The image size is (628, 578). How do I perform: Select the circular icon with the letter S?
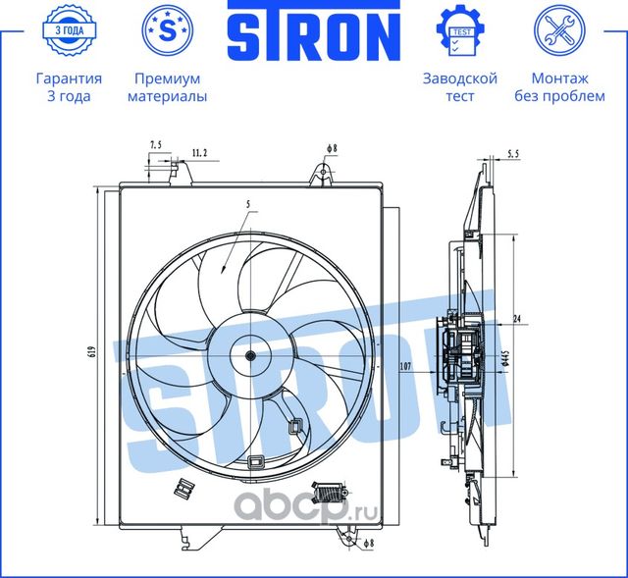(167, 31)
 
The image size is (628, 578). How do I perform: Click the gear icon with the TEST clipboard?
(459, 31)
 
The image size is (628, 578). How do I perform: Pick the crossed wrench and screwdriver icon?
(560, 31)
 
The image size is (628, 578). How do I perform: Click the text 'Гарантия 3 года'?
(68, 87)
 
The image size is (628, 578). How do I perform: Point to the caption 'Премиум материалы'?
(167, 87)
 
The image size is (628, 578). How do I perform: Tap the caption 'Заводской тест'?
(459, 87)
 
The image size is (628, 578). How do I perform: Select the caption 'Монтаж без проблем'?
(560, 87)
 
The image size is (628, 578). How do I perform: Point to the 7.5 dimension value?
(156, 145)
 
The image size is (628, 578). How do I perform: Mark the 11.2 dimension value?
(199, 153)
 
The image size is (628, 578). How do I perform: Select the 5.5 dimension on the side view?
(514, 153)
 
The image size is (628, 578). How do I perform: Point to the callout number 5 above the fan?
(248, 204)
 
